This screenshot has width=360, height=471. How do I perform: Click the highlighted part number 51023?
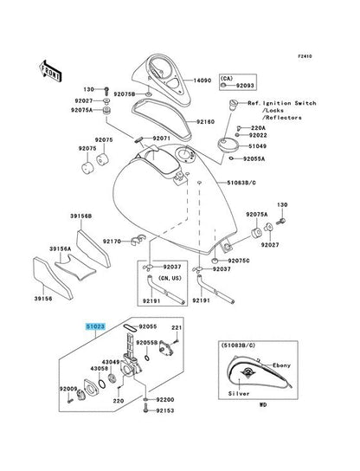point(94,327)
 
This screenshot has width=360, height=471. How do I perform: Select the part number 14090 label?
point(202,81)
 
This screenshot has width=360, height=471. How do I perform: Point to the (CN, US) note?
point(149,280)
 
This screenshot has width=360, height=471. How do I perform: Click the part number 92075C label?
point(238,261)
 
